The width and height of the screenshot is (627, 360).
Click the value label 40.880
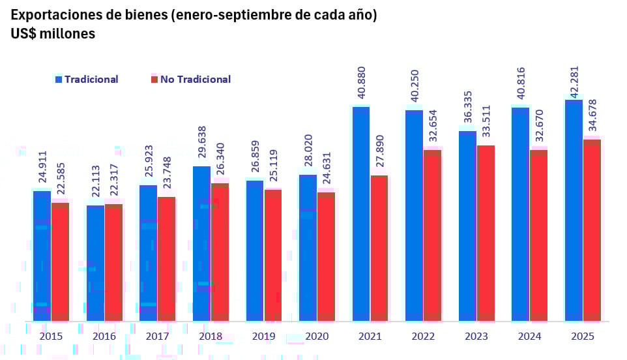tap(362, 83)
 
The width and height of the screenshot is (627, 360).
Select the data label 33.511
tap(486, 123)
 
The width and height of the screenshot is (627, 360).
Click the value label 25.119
tap(273, 167)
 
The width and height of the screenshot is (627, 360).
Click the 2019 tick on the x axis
tap(263, 337)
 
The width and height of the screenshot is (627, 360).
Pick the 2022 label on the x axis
tap(423, 337)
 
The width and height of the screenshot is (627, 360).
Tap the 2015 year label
tap(51, 337)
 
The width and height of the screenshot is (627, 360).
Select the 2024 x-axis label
tap(529, 337)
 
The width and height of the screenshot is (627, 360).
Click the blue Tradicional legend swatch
tap(58, 80)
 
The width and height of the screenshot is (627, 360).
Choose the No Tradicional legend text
tap(196, 80)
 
